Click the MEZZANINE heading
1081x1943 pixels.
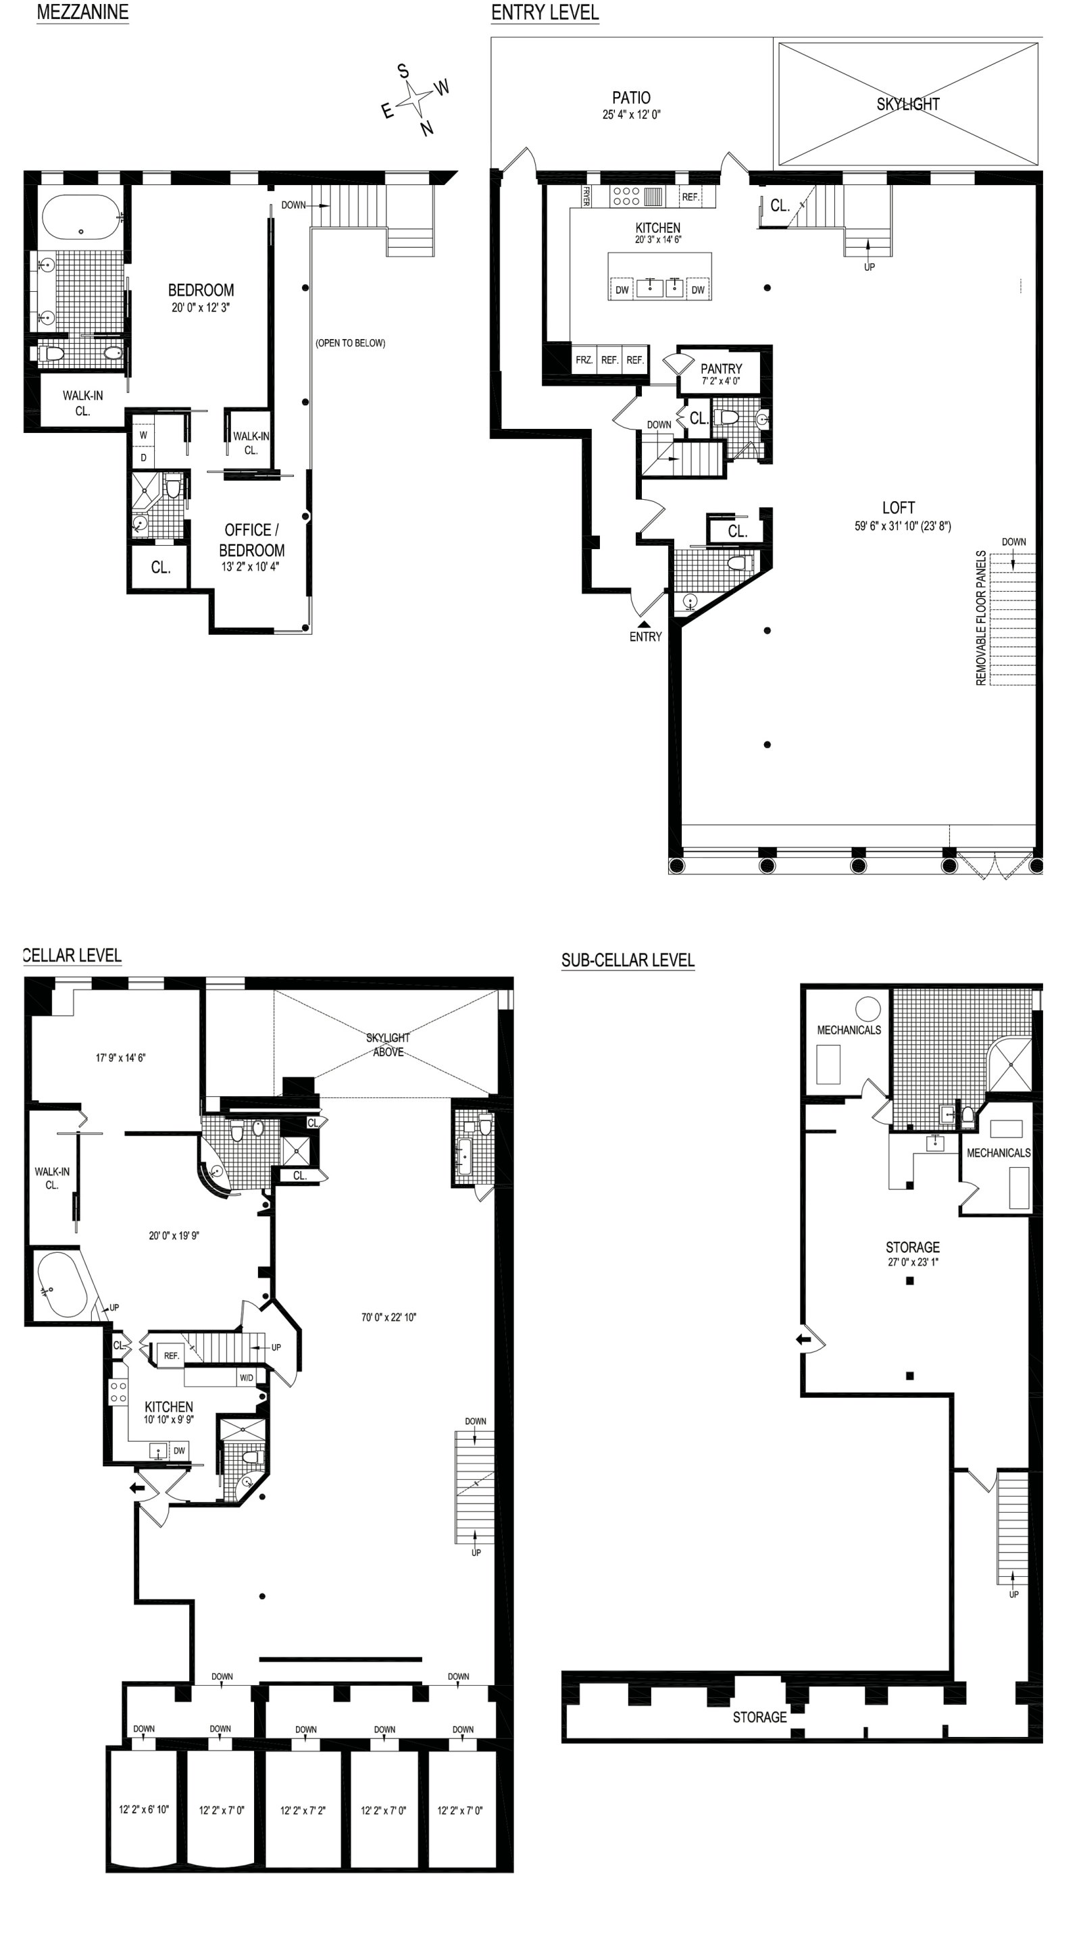pyautogui.click(x=82, y=12)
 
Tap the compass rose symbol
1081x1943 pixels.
pyautogui.click(x=415, y=99)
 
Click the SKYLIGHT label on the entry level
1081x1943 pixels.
pyautogui.click(x=907, y=104)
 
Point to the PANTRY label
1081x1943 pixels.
pyautogui.click(x=721, y=368)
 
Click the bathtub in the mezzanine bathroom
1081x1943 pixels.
pyautogui.click(x=80, y=217)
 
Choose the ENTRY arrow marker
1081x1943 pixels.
pyautogui.click(x=643, y=625)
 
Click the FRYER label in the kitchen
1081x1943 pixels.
pyautogui.click(x=585, y=197)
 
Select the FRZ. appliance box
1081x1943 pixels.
pyautogui.click(x=584, y=360)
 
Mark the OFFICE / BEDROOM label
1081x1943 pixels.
pyautogui.click(x=252, y=540)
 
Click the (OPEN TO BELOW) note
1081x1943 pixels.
pyautogui.click(x=350, y=343)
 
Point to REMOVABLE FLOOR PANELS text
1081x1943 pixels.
pyautogui.click(x=981, y=618)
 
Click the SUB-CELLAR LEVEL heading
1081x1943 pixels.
pyautogui.click(x=628, y=960)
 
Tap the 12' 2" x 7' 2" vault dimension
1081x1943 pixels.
pyautogui.click(x=303, y=1810)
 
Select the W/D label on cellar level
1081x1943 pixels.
pyautogui.click(x=247, y=1378)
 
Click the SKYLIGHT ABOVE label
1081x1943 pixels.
pyautogui.click(x=388, y=1045)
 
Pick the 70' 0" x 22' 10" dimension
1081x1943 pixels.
pyautogui.click(x=389, y=1317)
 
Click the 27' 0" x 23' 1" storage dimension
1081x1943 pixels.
pyautogui.click(x=913, y=1261)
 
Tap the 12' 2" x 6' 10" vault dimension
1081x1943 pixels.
pyautogui.click(x=143, y=1809)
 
